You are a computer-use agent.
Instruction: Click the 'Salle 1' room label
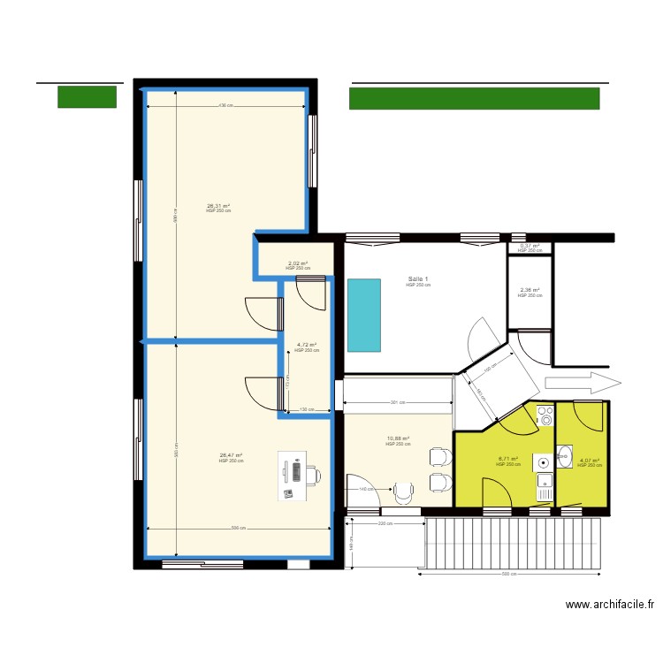pos(418,278)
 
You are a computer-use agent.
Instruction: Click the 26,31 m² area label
pos(218,206)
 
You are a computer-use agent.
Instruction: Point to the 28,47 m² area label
pos(231,456)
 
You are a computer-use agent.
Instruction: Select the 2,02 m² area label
pos(297,263)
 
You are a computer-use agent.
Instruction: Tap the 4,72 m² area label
pos(307,346)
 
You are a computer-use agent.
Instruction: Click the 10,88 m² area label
pos(398,439)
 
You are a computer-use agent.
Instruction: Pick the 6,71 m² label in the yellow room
pos(508,459)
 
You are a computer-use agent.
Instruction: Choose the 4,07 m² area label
pos(589,461)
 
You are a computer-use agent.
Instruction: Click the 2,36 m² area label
pos(530,291)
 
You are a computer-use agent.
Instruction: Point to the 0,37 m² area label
pos(530,247)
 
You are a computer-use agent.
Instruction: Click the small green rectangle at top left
pos(87,96)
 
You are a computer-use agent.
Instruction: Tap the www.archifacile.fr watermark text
pos(610,606)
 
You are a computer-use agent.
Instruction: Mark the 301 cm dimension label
pos(397,403)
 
